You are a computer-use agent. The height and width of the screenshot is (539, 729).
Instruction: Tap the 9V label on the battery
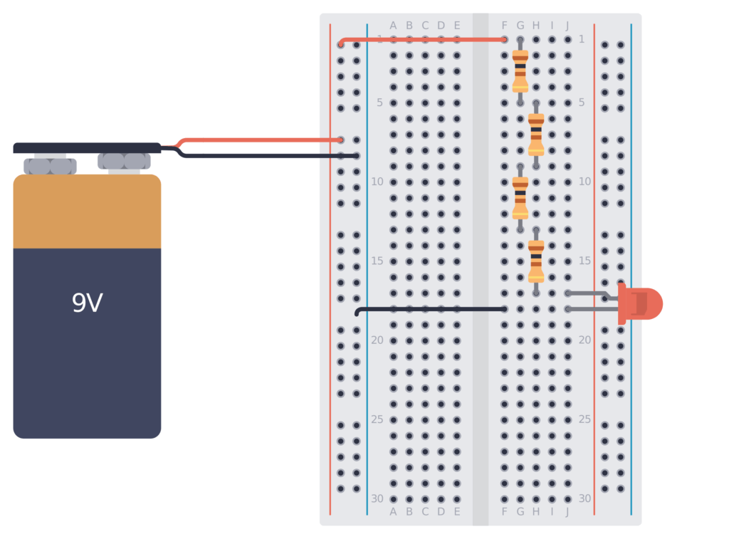87,304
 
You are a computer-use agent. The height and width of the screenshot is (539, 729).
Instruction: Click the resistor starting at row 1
520,71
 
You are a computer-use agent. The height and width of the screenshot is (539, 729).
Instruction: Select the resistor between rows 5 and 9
536,135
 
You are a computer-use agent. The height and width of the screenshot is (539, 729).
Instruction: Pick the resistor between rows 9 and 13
520,198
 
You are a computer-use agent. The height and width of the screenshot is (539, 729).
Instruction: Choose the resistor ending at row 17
536,261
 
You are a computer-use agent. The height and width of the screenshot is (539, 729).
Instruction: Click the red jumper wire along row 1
427,40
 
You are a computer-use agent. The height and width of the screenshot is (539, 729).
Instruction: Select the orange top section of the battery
87,211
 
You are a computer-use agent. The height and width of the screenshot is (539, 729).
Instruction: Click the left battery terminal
50,166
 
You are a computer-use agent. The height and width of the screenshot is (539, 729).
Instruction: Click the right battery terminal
124,162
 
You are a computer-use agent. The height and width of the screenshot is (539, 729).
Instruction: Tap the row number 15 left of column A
377,261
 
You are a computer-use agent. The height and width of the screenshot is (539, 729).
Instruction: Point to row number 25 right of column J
584,419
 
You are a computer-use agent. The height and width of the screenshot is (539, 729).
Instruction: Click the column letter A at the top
393,26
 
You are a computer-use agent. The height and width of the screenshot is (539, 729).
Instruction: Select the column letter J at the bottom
567,511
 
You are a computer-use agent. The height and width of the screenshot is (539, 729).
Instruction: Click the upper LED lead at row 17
591,293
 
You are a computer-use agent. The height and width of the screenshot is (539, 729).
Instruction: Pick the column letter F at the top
505,26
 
